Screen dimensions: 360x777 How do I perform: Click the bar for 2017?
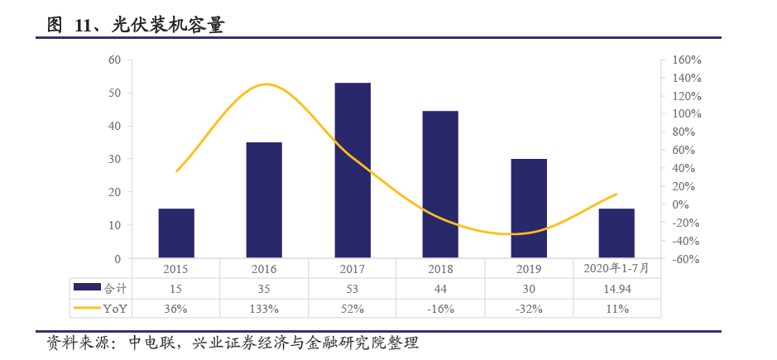[x=353, y=170]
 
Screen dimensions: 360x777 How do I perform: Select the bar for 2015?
[x=176, y=233]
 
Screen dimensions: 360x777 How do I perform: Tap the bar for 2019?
[x=529, y=209]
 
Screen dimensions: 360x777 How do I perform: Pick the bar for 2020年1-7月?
[x=616, y=233]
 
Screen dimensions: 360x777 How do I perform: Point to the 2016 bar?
[x=264, y=200]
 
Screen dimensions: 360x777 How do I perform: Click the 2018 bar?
[x=440, y=185]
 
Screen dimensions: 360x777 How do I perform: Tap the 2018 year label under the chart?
[x=440, y=269]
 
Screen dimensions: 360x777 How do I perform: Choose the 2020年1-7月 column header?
[x=616, y=268]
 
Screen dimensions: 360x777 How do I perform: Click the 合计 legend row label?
[x=114, y=289]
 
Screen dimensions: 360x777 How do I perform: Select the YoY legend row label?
[x=115, y=309]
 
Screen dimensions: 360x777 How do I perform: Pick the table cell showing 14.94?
[x=616, y=289]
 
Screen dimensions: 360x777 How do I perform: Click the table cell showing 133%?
[x=264, y=309]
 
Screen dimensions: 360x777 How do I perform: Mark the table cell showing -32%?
[x=529, y=309]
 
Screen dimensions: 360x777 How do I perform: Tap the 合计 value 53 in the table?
[x=353, y=289]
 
